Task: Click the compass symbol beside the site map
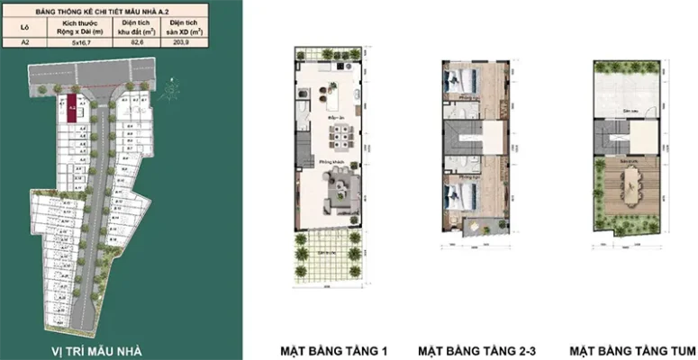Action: [x=168, y=92]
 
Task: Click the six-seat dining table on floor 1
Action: [x=340, y=136]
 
